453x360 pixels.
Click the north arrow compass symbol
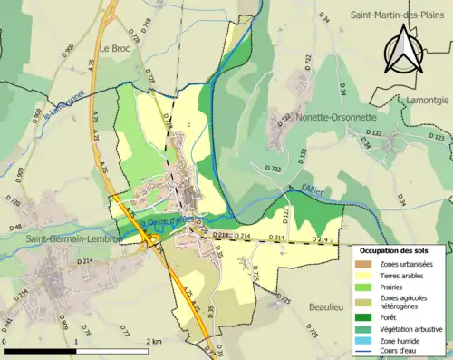[x=404, y=49]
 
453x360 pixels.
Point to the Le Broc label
[x=116, y=49]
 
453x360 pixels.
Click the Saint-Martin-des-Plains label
[x=399, y=15]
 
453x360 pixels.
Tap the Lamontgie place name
[x=428, y=99]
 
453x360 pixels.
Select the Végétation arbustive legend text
[x=415, y=329]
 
